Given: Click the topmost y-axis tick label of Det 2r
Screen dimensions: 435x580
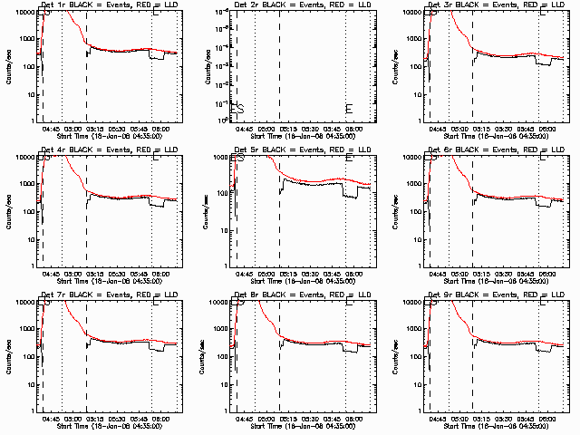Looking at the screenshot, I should click(x=221, y=12).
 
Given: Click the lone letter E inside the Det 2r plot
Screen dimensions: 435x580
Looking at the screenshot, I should click(x=349, y=109).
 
